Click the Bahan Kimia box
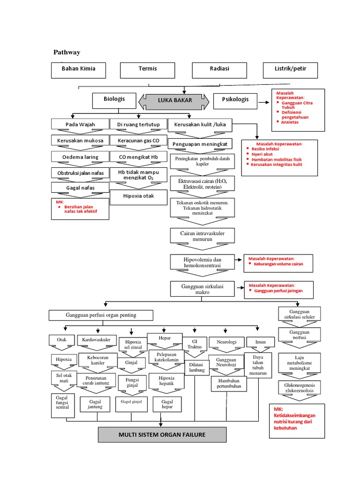[x=78, y=69]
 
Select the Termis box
[x=147, y=69]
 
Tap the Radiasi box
[x=219, y=69]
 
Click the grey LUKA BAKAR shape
[x=175, y=100]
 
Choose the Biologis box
[x=115, y=99]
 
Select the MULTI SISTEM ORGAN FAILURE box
[x=162, y=435]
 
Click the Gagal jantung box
[x=95, y=404]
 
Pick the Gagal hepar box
[x=167, y=404]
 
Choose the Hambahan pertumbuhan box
[x=229, y=383]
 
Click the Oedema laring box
[x=80, y=156]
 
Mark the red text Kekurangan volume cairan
[x=278, y=264]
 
